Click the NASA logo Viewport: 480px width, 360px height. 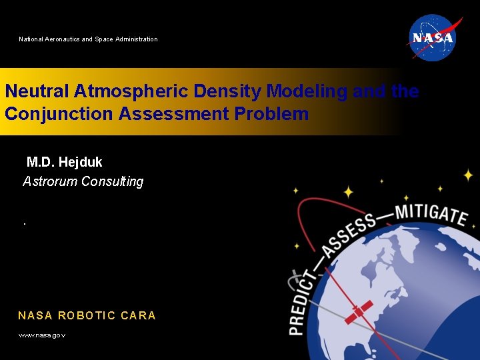[x=432, y=37]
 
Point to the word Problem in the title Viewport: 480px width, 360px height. [x=271, y=113]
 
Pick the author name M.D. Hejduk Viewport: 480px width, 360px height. [x=64, y=162]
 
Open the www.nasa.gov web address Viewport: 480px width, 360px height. [x=41, y=335]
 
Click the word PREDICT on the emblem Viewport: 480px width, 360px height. [x=300, y=301]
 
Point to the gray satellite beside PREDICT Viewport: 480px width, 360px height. [x=296, y=276]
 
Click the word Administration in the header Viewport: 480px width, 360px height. [x=136, y=39]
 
